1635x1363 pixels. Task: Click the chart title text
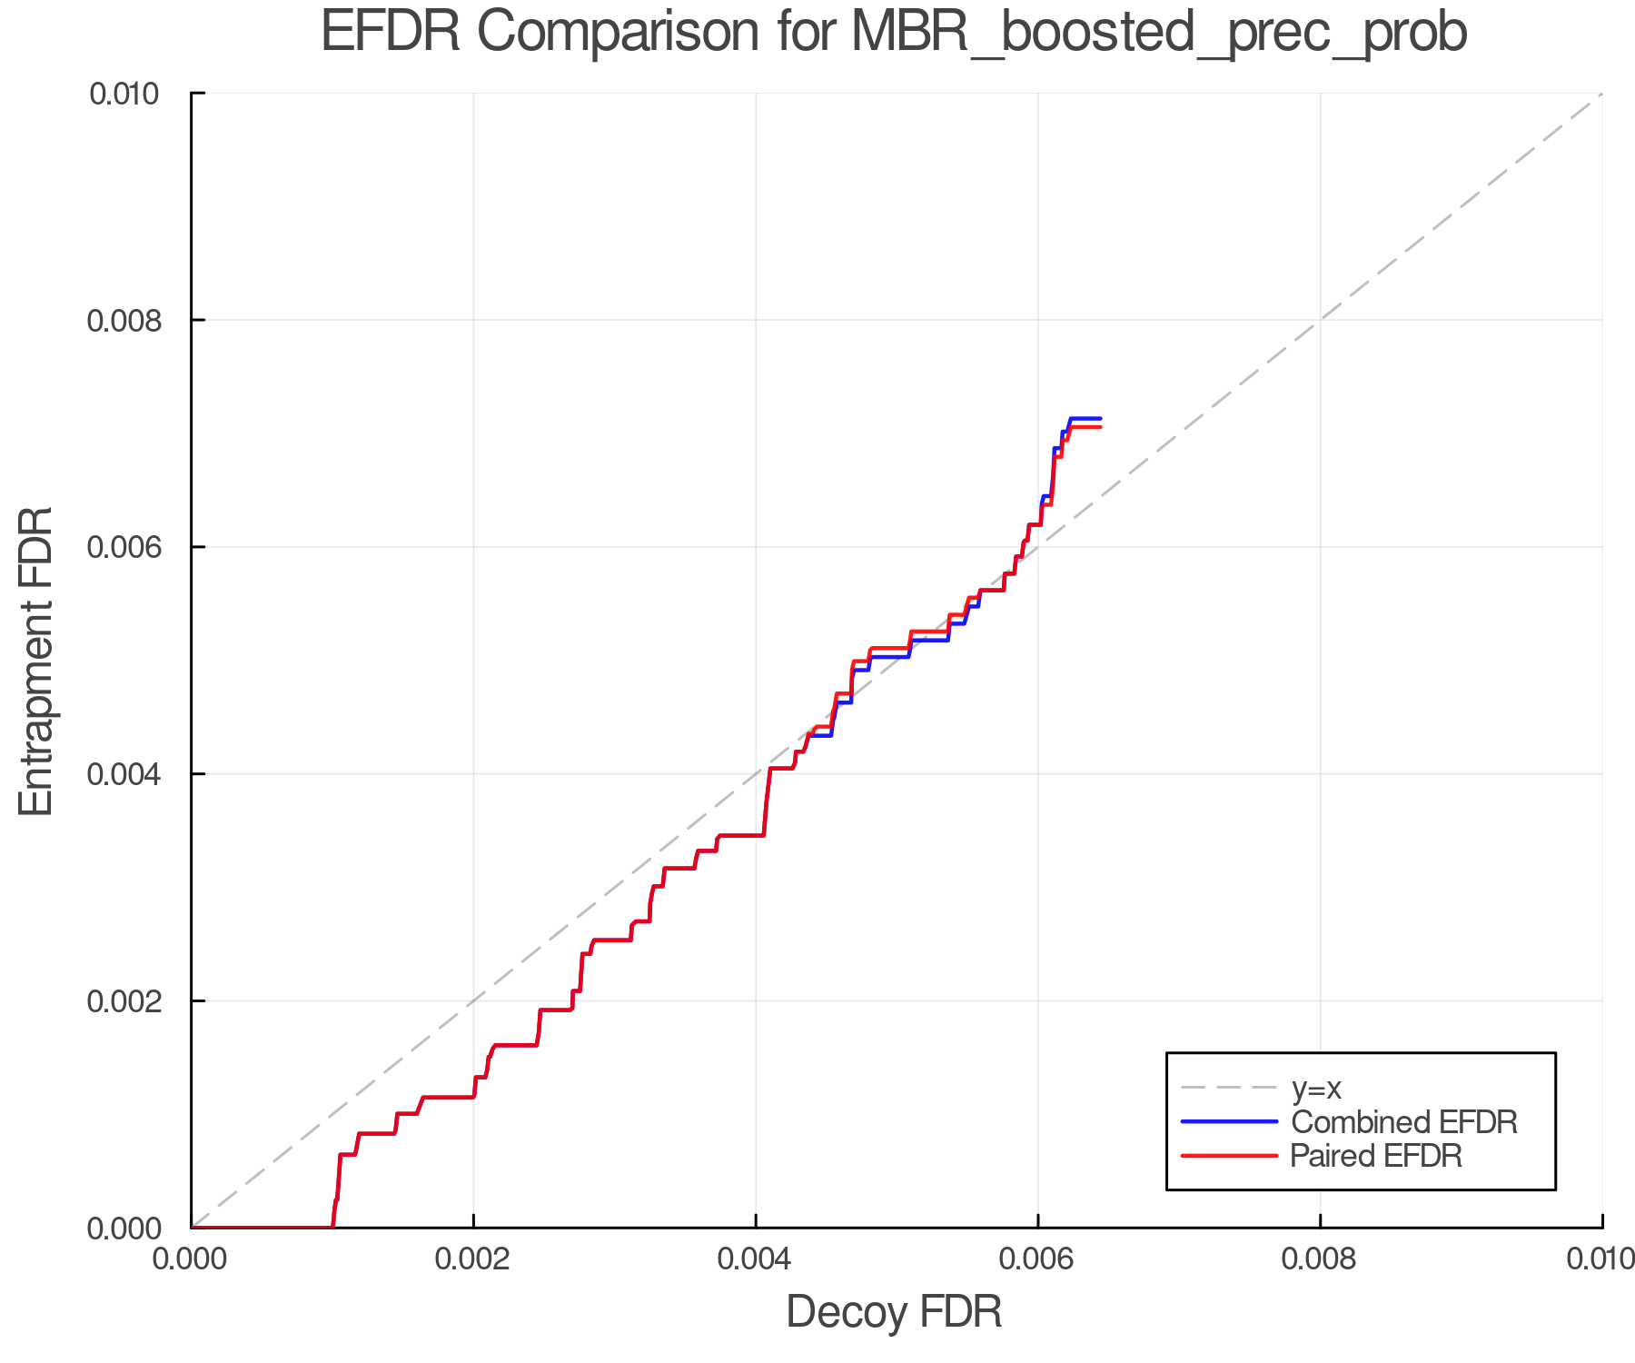coord(894,33)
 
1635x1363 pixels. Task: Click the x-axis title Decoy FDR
coord(894,1312)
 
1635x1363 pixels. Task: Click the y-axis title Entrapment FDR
coord(36,662)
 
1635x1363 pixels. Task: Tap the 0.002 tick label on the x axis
coord(473,1259)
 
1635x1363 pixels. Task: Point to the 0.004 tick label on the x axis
coord(756,1259)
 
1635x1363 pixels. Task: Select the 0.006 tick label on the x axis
coord(1037,1259)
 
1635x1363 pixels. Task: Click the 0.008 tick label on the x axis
coord(1320,1259)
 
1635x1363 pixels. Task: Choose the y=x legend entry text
coord(1316,1088)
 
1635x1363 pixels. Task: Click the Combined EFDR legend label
coord(1403,1122)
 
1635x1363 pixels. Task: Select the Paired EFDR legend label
coord(1376,1156)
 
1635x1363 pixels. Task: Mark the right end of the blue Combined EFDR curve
coord(1100,419)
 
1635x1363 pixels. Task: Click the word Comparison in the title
coord(618,33)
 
